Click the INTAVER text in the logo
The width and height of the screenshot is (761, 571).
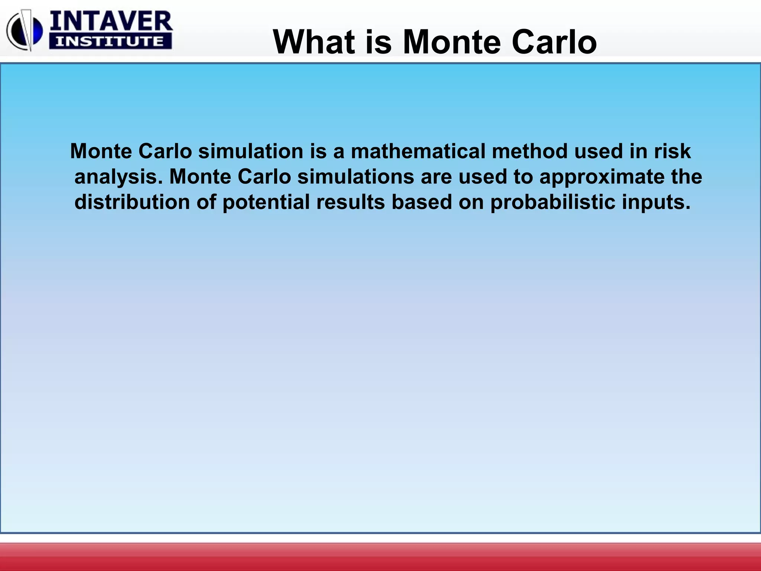coord(111,22)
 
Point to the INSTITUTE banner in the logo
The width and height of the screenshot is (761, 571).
coord(110,41)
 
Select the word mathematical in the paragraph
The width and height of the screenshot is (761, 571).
coord(418,152)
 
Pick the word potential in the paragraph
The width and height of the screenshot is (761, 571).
coord(266,202)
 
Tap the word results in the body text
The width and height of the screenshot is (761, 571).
coord(351,202)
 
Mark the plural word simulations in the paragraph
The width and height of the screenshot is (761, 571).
coord(356,177)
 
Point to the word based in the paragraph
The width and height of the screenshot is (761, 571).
coord(422,202)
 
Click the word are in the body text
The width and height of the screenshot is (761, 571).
coord(436,177)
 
